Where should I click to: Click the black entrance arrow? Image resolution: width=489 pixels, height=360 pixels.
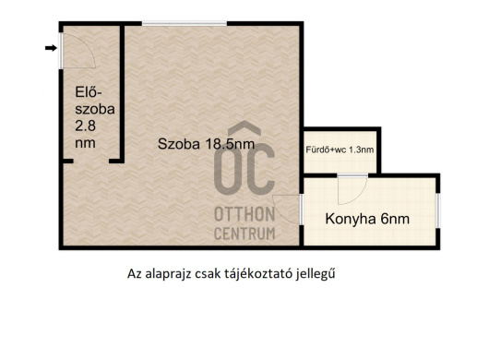[x=51, y=48]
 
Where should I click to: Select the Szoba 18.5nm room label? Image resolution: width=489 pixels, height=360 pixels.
[x=206, y=144]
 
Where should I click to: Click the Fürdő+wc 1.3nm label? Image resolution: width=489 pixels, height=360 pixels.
[x=340, y=150]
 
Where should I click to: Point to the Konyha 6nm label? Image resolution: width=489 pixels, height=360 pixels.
[x=367, y=219]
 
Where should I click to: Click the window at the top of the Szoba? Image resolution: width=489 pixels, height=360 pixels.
[x=185, y=23]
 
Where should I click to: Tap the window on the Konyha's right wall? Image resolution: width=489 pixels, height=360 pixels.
[x=438, y=210]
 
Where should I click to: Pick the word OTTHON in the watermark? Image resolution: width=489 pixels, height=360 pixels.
[x=244, y=214]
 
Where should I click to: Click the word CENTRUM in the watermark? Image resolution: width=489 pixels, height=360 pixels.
[x=244, y=234]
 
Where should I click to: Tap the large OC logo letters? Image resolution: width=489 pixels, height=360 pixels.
[x=244, y=169]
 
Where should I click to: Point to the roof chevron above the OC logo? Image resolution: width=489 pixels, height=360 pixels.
[x=244, y=128]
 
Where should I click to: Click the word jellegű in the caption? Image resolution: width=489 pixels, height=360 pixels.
[x=316, y=274]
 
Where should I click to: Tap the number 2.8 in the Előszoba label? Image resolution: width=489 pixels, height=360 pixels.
[x=85, y=126]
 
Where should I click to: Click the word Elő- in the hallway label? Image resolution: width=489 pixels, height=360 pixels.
[x=89, y=92]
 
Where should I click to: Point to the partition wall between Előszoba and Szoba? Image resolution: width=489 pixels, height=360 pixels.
[x=122, y=92]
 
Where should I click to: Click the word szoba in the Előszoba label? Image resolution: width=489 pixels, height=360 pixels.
[x=95, y=109]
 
